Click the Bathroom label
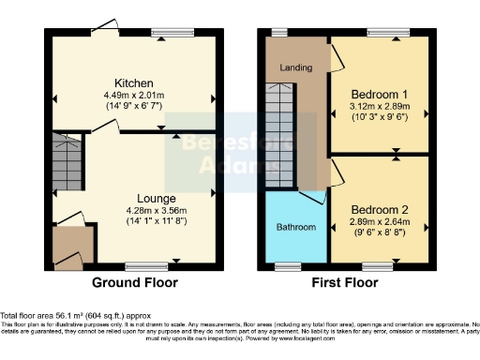click(295, 228)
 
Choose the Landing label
click(295, 68)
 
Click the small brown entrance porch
click(68, 246)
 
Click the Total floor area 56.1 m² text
click(74, 316)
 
